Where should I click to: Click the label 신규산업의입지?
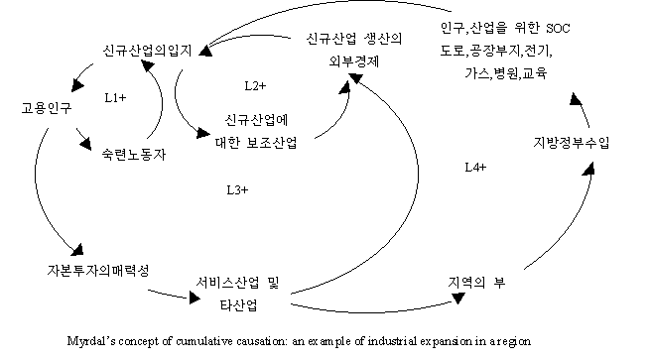[147, 51]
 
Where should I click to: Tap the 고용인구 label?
[47, 108]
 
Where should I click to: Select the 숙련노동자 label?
[134, 155]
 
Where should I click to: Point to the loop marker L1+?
[116, 98]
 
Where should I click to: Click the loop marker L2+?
[255, 85]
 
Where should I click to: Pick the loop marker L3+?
[237, 189]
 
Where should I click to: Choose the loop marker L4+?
[475, 167]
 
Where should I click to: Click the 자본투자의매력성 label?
[98, 271]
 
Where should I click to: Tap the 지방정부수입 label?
[572, 143]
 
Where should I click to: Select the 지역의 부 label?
[476, 283]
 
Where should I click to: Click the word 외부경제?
[354, 61]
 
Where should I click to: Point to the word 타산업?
[238, 305]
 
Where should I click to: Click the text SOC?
[558, 28]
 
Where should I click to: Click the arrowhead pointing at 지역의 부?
[458, 299]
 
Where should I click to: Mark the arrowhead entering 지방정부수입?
[589, 169]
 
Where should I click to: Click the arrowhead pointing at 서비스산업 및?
[194, 298]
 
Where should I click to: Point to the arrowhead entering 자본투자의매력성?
[77, 249]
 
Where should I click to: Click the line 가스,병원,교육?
[506, 73]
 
